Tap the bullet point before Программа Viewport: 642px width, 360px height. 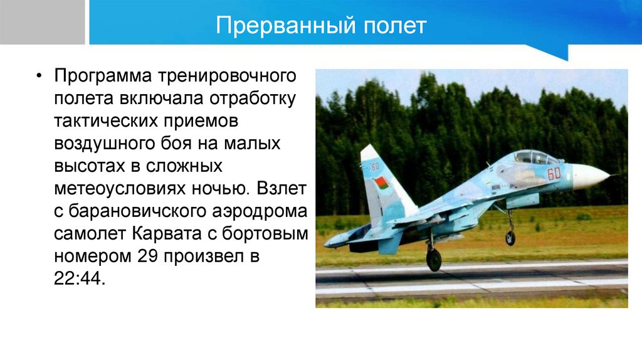(x=39, y=76)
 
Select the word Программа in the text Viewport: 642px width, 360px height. (x=103, y=77)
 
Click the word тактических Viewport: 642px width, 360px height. (x=106, y=121)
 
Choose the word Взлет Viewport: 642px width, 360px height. (x=282, y=188)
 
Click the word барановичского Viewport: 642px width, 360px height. (x=137, y=212)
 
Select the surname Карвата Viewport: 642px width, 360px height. (x=167, y=234)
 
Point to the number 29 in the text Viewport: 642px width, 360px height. (x=148, y=257)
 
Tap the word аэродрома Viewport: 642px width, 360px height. (x=260, y=212)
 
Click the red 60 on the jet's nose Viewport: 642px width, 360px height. (x=554, y=174)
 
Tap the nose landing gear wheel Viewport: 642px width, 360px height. (x=510, y=238)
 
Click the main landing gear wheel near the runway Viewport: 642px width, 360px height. (x=434, y=259)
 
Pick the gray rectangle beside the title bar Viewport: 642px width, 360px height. (x=42, y=22)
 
